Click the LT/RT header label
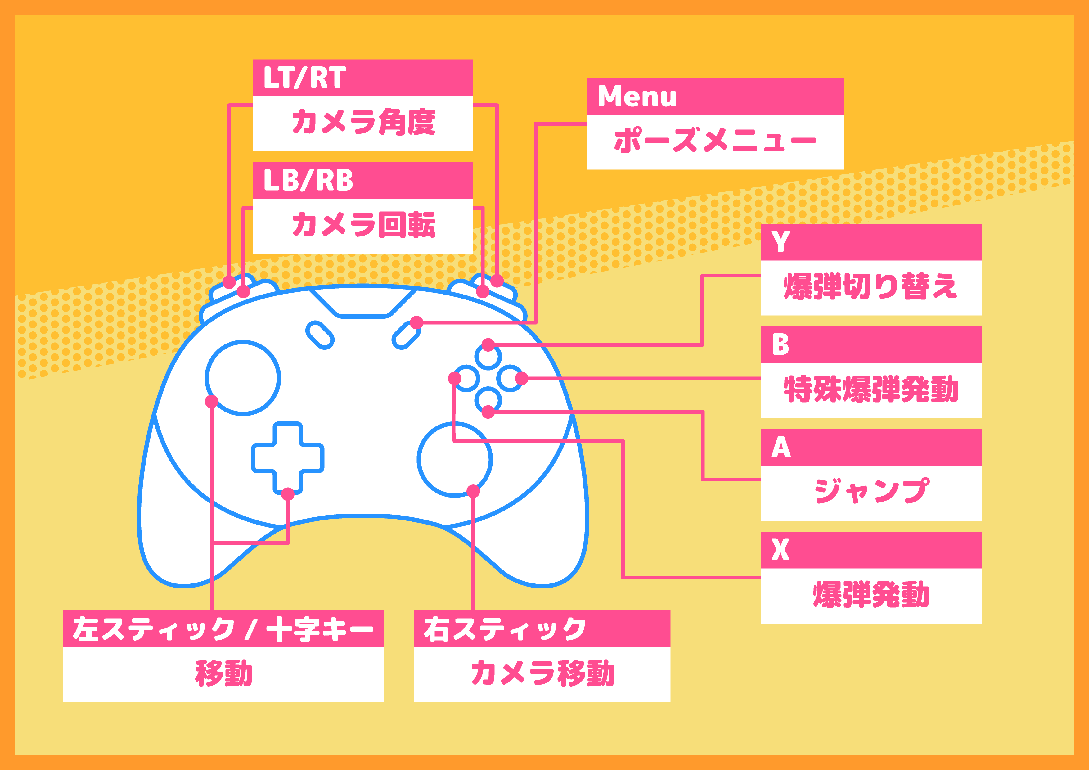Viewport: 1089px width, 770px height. click(x=304, y=78)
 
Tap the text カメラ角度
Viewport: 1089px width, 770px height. click(x=363, y=122)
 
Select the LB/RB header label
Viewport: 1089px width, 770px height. click(x=308, y=180)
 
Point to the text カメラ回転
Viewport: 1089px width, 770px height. click(x=363, y=224)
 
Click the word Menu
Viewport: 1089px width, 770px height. click(x=637, y=96)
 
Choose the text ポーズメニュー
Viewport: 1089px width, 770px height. click(x=715, y=140)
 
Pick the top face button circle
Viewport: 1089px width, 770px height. click(x=488, y=344)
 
